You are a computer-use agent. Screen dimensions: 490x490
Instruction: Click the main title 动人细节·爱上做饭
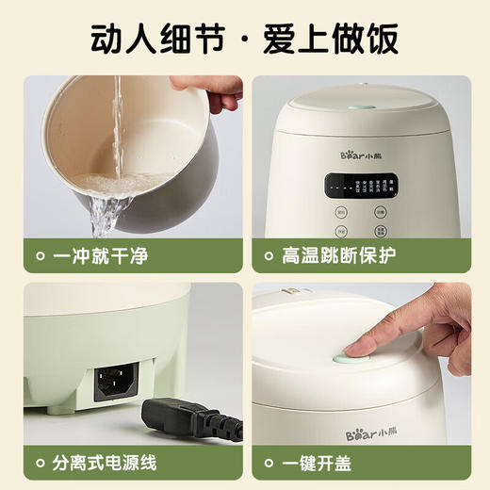click(244, 39)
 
